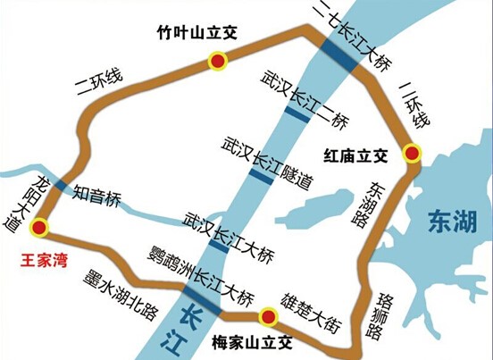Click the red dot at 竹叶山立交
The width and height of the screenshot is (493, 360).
pos(217,62)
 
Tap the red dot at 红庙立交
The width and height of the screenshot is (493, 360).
pos(411,154)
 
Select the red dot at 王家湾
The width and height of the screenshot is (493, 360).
pos(38,228)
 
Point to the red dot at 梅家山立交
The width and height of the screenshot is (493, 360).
pos(266,317)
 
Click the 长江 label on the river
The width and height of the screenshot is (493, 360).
pos(191,324)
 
